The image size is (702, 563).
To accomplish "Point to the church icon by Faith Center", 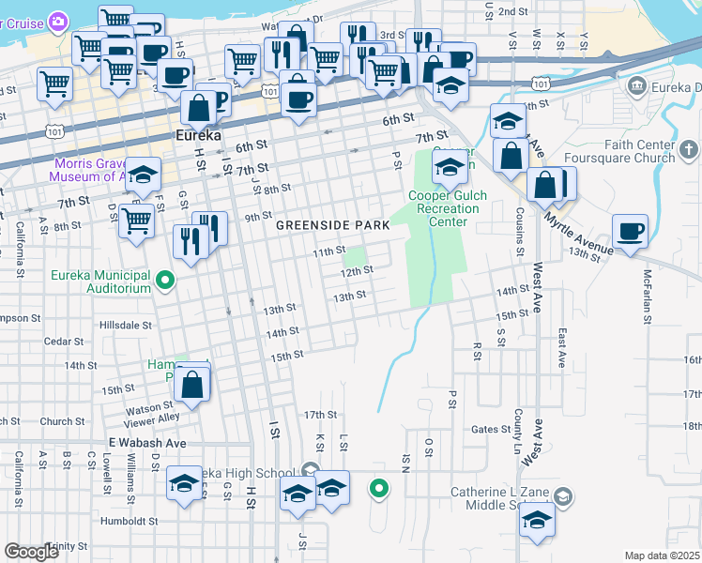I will (x=688, y=148).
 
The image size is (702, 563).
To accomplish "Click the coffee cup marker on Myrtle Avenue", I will (x=630, y=231).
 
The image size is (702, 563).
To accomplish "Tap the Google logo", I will (x=31, y=551).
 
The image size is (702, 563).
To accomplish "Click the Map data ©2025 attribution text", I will (x=662, y=555).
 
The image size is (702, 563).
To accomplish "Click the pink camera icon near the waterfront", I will (x=58, y=21).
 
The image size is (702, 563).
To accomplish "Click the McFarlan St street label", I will (x=647, y=293).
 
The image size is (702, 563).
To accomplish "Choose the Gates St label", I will (x=490, y=429).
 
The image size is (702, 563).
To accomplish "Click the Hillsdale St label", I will (x=125, y=325).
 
